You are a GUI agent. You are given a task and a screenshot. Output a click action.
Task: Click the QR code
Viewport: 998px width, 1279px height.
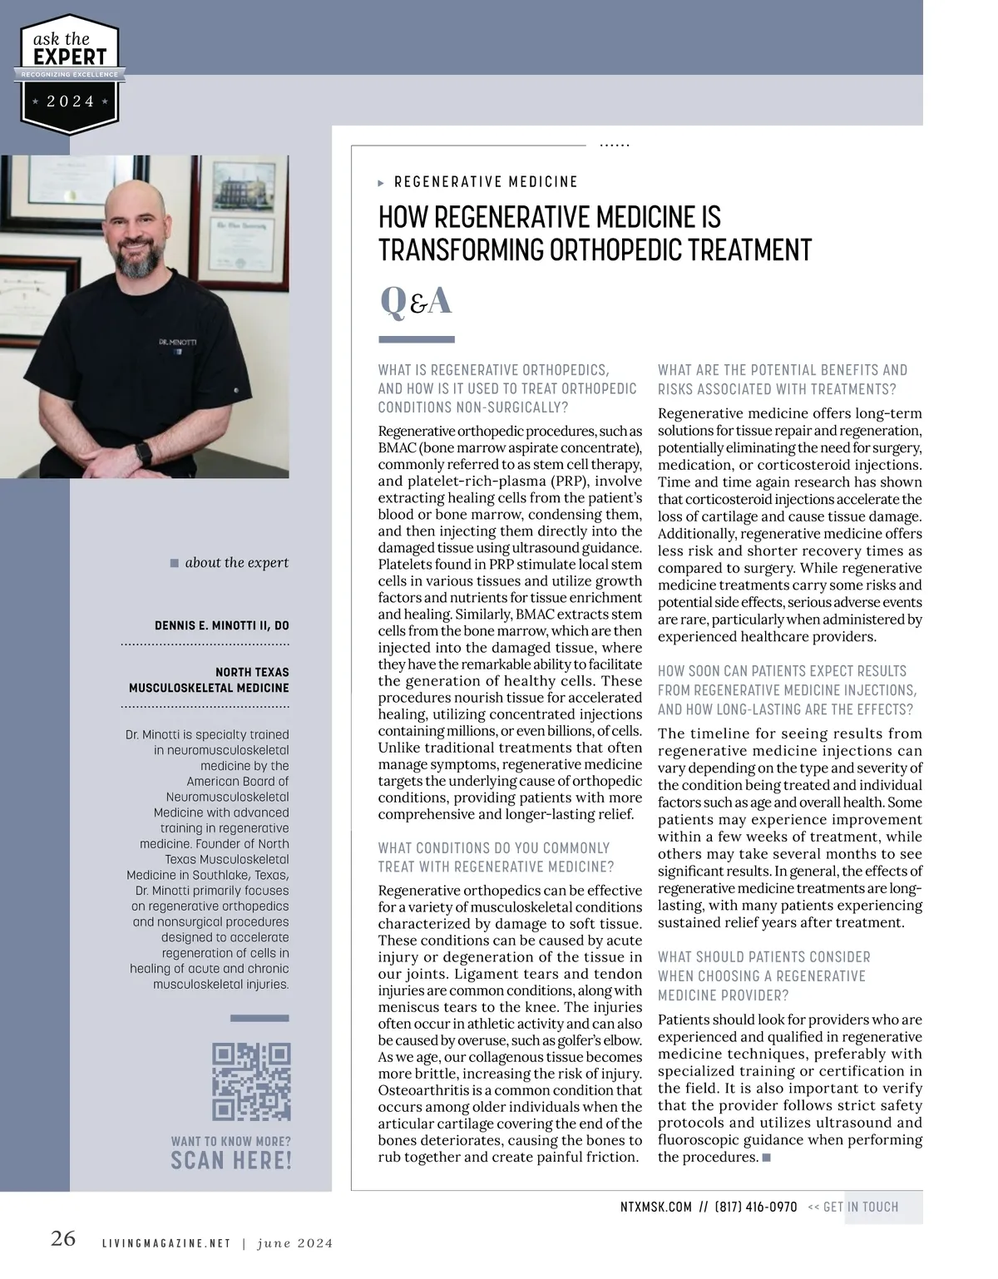coord(251,1081)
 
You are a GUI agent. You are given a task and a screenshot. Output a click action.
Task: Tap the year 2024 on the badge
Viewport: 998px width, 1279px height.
coord(70,101)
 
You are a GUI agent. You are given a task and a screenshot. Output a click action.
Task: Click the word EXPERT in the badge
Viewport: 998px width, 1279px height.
coord(70,57)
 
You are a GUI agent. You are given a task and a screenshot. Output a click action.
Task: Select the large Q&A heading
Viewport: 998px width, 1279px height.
coord(416,301)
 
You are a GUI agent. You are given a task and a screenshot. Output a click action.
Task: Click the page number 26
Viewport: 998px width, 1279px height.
coord(63,1238)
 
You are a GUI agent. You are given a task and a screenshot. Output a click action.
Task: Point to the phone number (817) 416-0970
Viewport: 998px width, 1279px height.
coord(755,1207)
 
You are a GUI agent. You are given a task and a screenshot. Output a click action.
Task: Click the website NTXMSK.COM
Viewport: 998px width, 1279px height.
coord(655,1207)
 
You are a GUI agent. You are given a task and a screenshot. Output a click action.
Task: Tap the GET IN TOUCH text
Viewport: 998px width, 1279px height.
coord(860,1207)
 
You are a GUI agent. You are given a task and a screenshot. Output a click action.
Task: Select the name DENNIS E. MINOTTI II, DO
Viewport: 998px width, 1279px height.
coord(222,625)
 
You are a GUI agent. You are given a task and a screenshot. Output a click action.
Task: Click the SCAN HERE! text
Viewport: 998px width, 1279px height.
coord(231,1161)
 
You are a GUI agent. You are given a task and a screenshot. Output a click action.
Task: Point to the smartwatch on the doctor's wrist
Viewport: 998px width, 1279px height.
coord(144,454)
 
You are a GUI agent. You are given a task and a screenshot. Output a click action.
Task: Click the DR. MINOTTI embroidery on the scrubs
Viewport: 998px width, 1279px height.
coord(177,342)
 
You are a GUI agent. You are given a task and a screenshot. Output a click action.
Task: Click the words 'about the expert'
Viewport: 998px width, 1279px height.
coord(236,563)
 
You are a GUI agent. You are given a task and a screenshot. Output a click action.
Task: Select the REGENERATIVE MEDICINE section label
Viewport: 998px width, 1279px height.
coord(486,182)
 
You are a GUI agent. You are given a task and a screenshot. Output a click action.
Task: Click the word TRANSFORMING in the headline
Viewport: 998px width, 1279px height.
coord(462,250)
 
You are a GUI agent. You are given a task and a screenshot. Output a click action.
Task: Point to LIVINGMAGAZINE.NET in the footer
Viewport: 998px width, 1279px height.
coord(166,1243)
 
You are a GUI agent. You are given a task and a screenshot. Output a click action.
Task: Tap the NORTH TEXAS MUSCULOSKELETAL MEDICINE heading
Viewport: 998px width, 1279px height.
coord(209,679)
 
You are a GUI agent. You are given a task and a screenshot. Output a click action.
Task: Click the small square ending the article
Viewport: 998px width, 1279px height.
coord(766,1157)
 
